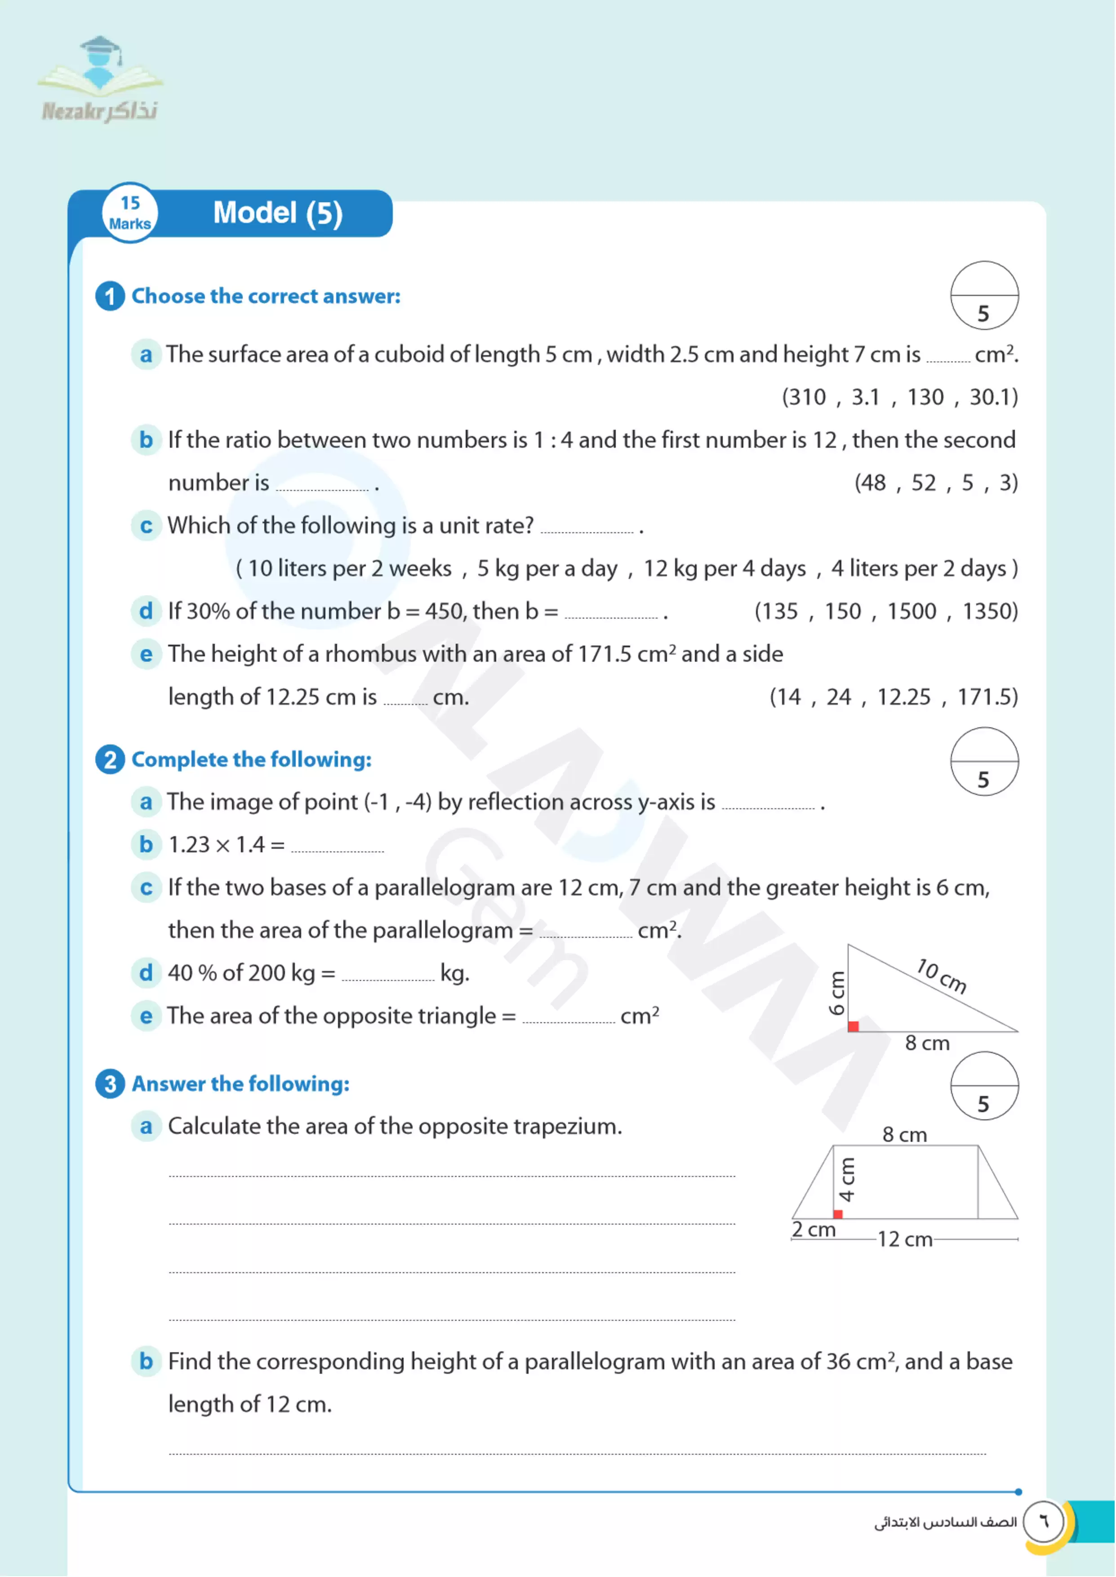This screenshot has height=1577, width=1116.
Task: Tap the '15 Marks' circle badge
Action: click(130, 214)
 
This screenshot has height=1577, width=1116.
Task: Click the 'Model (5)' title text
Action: click(278, 213)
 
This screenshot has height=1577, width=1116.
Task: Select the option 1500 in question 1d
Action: click(911, 611)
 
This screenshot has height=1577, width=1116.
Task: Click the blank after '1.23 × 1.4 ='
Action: click(338, 846)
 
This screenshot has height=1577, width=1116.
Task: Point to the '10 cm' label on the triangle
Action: click(942, 976)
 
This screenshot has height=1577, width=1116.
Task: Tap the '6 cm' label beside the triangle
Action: click(836, 993)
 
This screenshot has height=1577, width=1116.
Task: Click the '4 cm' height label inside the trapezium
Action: click(847, 1180)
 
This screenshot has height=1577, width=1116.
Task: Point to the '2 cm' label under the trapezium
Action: click(814, 1230)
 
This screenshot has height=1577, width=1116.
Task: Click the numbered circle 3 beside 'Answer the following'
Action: click(110, 1084)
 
